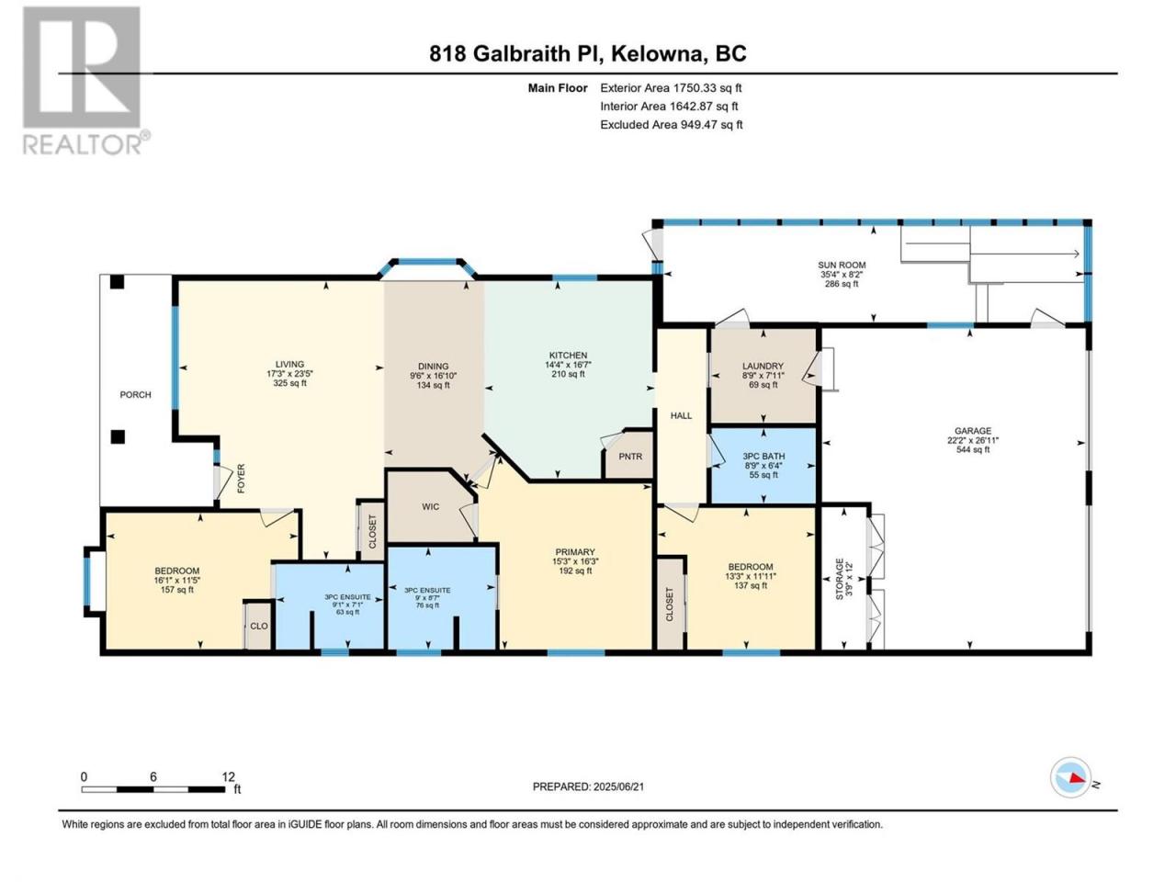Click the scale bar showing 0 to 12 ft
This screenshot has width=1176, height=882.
click(x=153, y=789)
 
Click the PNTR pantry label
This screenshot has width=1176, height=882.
click(x=630, y=457)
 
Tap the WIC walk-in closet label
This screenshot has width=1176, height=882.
click(x=430, y=506)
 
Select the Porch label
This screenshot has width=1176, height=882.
click(x=136, y=395)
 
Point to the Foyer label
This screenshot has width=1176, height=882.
click(x=241, y=479)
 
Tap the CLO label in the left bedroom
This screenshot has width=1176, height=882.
click(x=259, y=626)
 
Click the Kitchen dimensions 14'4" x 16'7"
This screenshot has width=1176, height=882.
click(x=568, y=364)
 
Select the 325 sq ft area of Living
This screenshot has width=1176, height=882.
click(x=289, y=383)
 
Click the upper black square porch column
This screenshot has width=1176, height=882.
click(x=117, y=282)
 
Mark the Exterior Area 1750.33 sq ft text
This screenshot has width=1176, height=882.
click(x=671, y=88)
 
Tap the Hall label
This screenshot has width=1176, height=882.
click(x=681, y=415)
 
